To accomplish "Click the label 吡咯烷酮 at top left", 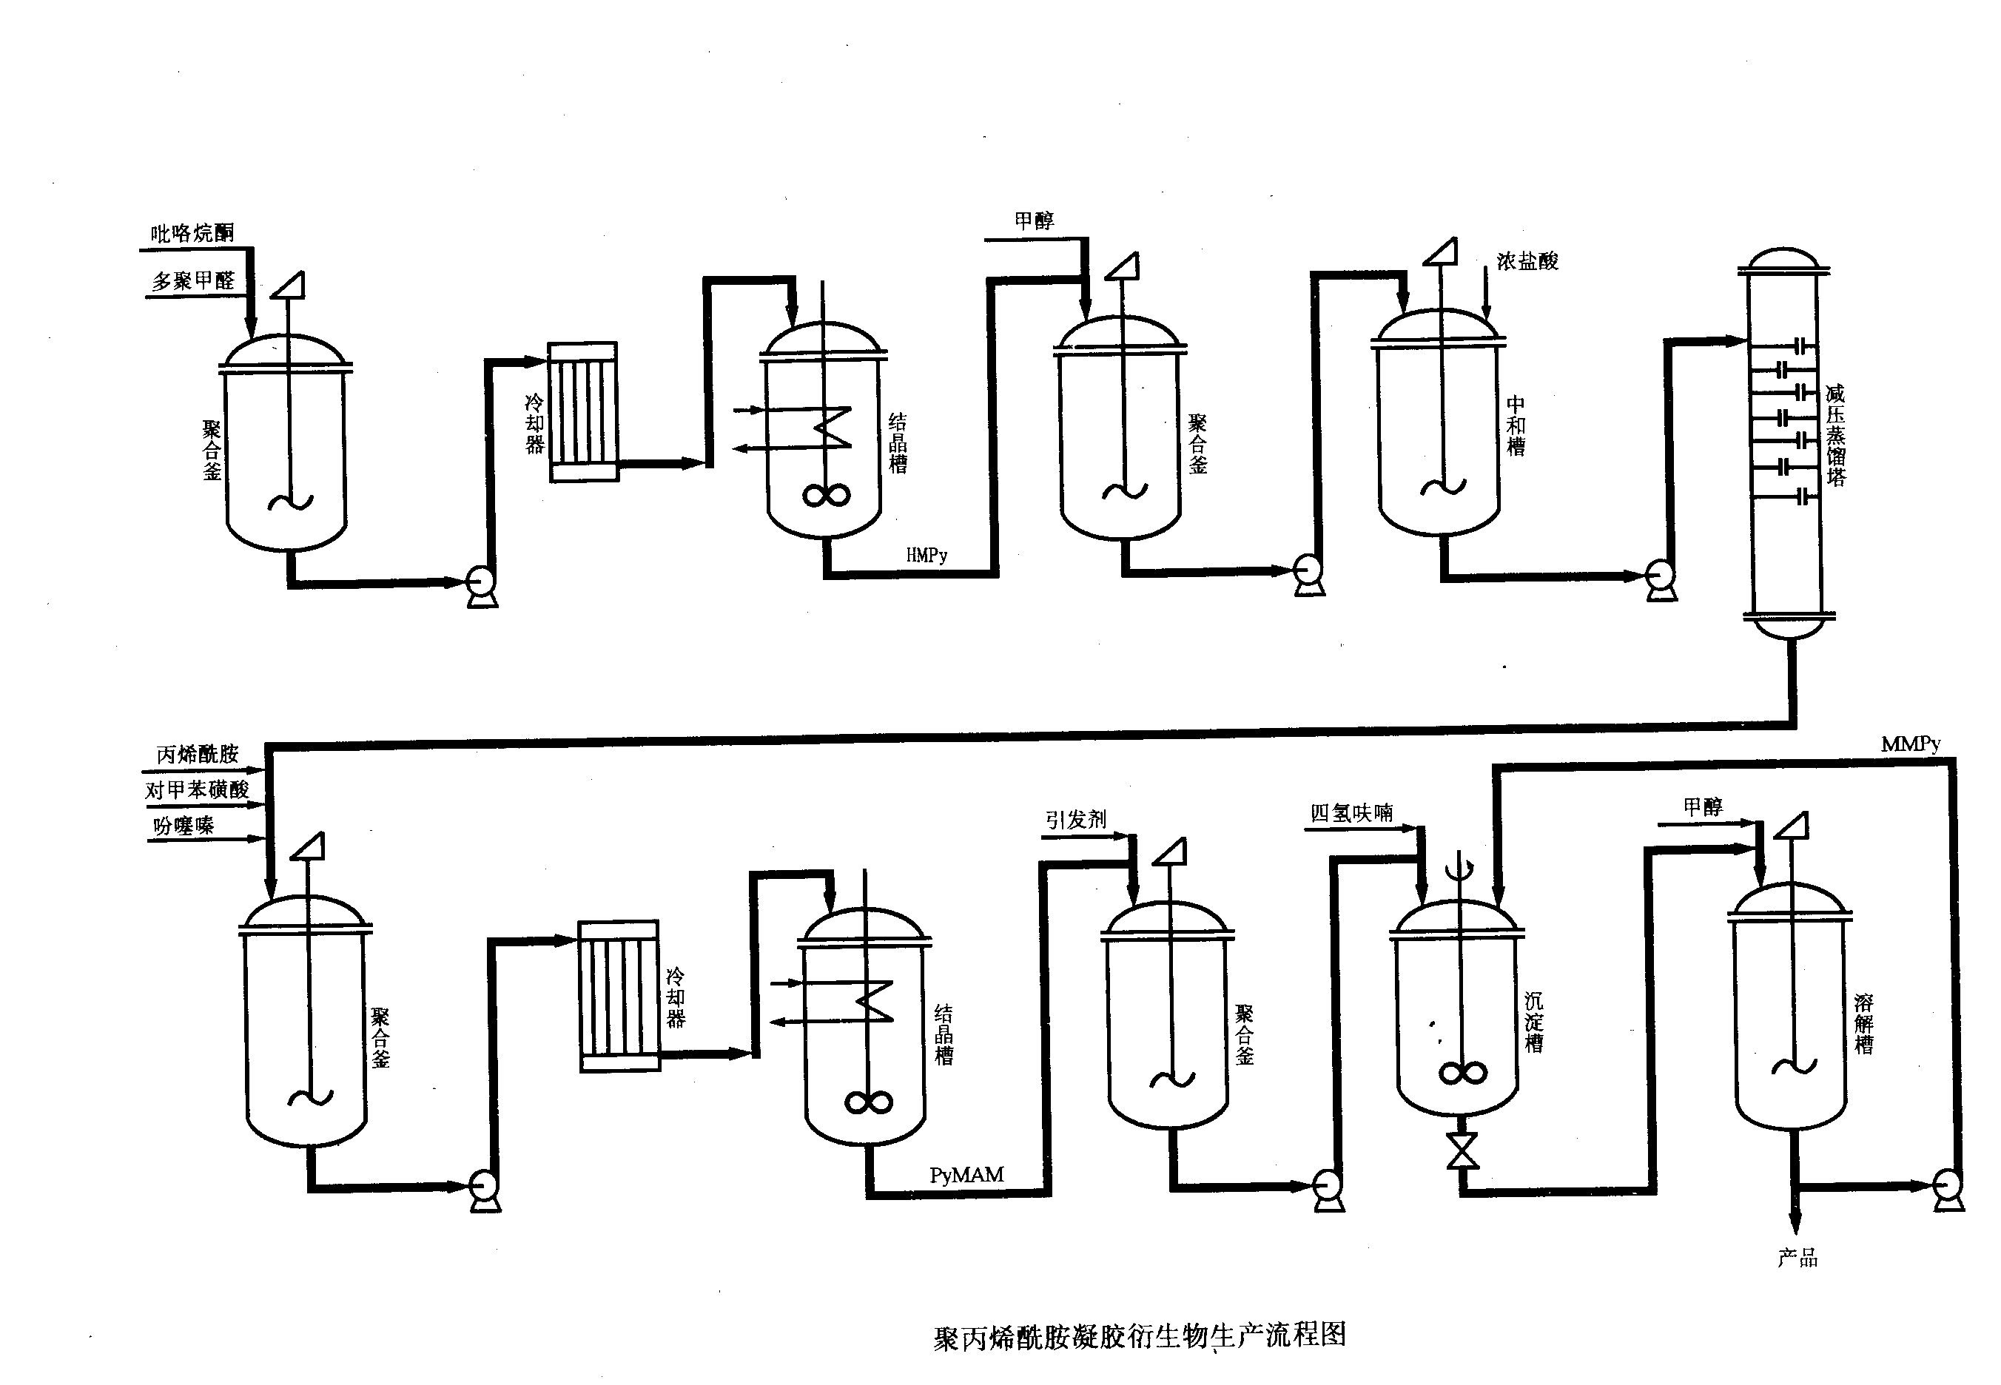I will (192, 232).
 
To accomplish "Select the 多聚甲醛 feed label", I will (193, 281).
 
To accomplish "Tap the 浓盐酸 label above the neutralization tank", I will (1527, 261).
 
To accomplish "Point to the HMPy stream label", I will (926, 556).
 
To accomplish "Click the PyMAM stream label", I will (966, 1175).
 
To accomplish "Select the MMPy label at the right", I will (1910, 744).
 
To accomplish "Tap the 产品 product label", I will (1797, 1258).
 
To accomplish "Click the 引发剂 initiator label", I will (1075, 819).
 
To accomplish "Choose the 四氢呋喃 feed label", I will (1351, 813).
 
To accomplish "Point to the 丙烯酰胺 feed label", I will (197, 754).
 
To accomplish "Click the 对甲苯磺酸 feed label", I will (197, 789).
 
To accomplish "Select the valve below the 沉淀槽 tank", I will (1462, 1151).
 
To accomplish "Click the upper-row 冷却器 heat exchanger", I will (583, 412).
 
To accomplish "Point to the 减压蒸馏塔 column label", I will (1835, 435).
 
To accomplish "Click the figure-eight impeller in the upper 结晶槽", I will (825, 495).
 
